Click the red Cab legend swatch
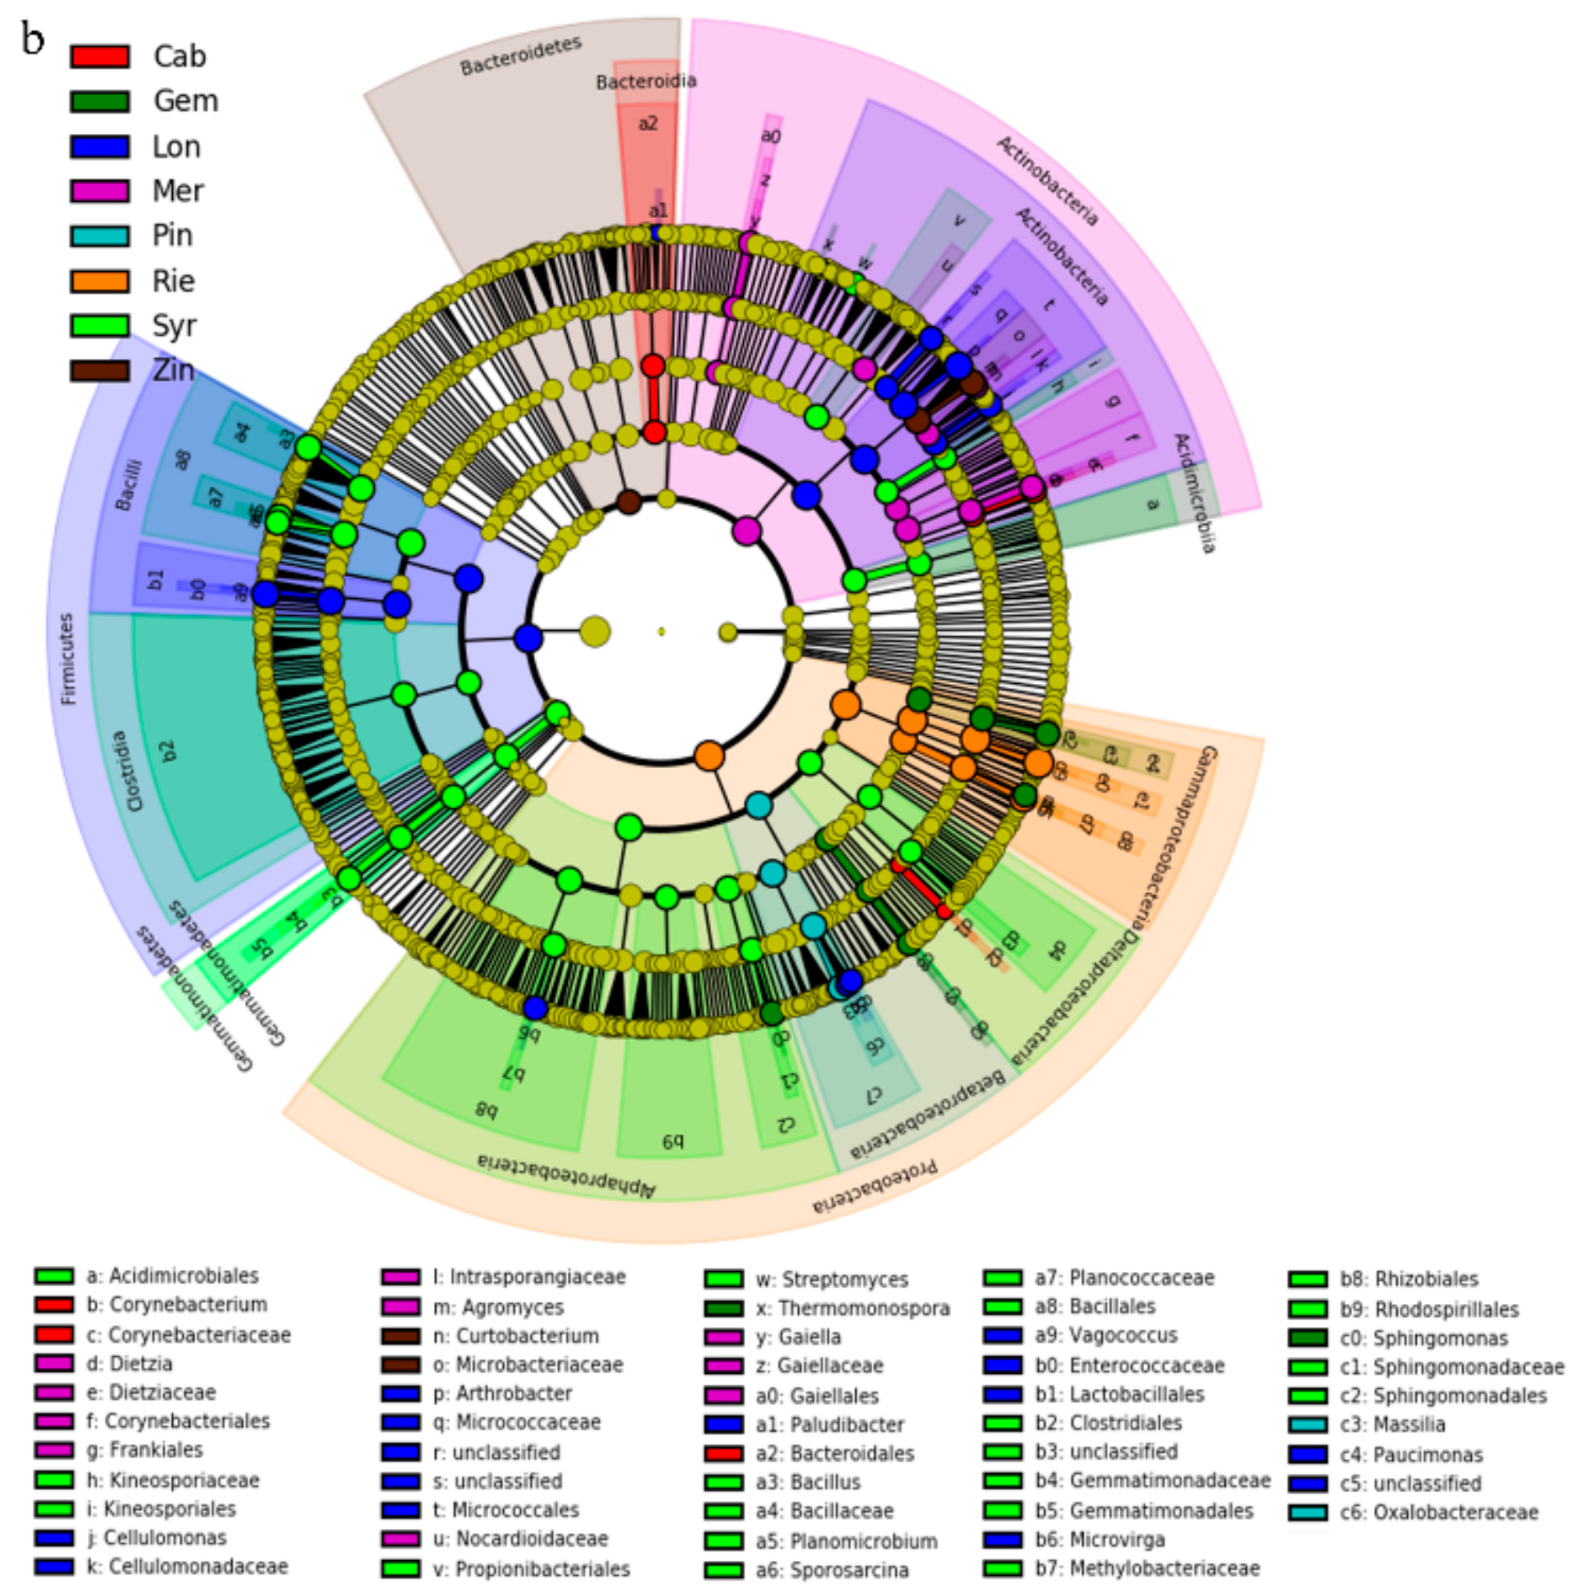[x=99, y=56]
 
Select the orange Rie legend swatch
[x=99, y=281]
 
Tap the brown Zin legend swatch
[x=99, y=370]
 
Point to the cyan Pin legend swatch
[x=99, y=235]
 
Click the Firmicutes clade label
[x=68, y=658]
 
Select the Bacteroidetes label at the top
[x=520, y=55]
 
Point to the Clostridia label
[x=126, y=770]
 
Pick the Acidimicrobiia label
[x=1195, y=492]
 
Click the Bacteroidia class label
[x=646, y=81]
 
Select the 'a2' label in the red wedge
[x=648, y=124]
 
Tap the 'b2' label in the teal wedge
[x=167, y=750]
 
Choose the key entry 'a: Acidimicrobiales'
[x=172, y=1276]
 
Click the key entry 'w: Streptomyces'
[x=831, y=1280]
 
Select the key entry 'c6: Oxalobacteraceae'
[x=1438, y=1513]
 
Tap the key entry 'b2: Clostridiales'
[x=1107, y=1423]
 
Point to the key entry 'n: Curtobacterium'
[x=516, y=1336]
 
